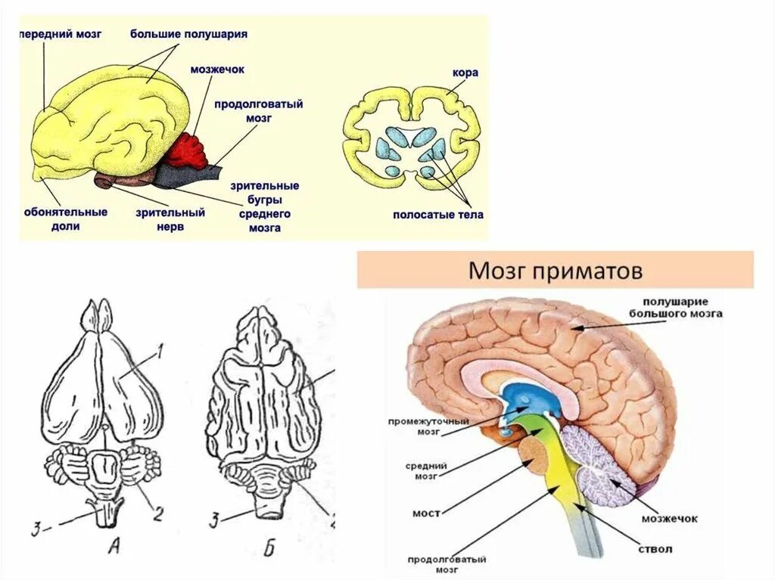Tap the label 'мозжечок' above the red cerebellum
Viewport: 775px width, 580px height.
coord(216,70)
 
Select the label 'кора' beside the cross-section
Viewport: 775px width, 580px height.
coord(465,73)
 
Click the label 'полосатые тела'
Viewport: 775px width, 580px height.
coord(437,215)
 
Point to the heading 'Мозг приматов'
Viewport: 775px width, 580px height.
coord(556,271)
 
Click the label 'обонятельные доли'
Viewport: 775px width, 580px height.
coord(67,219)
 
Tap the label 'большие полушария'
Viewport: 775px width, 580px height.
coord(188,34)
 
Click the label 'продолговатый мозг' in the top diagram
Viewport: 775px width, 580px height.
coord(258,111)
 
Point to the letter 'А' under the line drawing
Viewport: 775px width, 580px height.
coord(114,547)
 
